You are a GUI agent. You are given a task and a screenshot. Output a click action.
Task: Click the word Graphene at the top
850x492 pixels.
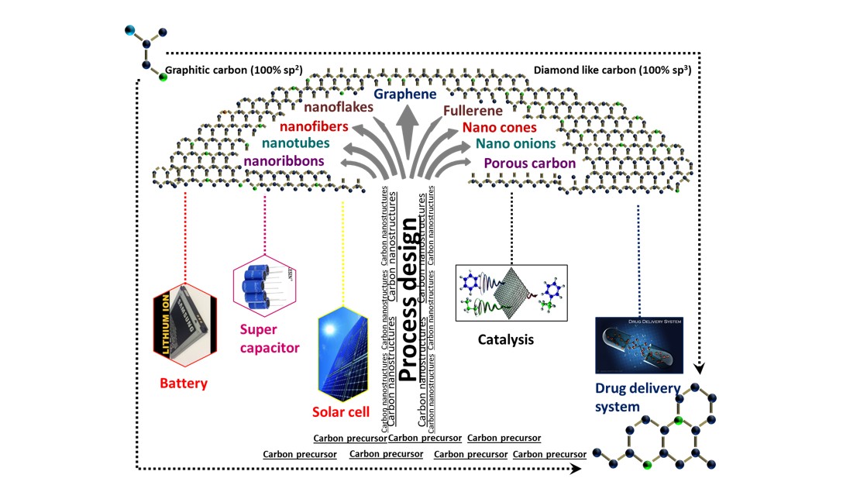[405, 95]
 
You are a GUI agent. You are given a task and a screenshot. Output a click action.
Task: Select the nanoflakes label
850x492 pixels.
[339, 107]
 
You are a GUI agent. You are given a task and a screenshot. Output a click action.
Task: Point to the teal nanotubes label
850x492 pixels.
[295, 143]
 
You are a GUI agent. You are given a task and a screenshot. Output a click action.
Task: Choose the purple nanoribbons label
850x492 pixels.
[284, 162]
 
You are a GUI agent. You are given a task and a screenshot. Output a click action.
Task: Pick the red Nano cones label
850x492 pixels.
[502, 127]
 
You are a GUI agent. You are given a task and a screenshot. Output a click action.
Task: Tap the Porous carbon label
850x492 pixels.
[529, 163]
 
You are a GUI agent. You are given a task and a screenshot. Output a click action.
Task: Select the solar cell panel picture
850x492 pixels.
[342, 353]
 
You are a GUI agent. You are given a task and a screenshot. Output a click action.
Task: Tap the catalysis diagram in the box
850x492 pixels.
[511, 294]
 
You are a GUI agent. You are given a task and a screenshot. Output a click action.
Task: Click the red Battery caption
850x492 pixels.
[184, 383]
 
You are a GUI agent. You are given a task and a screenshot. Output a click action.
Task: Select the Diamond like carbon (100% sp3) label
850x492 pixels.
[612, 71]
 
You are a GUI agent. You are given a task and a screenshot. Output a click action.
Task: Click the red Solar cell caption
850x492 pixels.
[341, 411]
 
